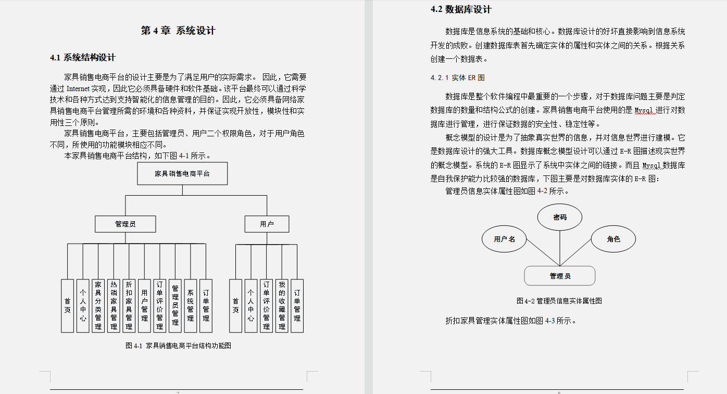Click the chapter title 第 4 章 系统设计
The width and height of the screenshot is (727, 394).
tap(178, 31)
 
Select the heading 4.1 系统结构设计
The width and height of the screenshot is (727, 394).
tap(83, 57)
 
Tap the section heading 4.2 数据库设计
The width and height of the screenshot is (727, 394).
tap(461, 9)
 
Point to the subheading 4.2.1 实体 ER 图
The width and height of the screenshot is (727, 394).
tap(457, 78)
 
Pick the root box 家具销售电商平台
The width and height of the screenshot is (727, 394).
tap(182, 173)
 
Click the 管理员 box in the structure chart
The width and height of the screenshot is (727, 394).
tap(126, 224)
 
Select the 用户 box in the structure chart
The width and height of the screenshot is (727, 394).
tap(267, 224)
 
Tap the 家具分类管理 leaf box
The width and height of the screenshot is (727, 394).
tap(98, 306)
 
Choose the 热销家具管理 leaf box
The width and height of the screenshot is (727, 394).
tap(114, 306)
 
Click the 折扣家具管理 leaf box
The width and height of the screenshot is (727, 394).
tap(129, 306)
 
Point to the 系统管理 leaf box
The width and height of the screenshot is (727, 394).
tap(191, 306)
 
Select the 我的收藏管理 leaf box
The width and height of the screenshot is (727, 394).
tap(282, 306)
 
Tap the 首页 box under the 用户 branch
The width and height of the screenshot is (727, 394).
tap(235, 306)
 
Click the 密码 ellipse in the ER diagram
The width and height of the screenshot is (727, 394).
tap(560, 217)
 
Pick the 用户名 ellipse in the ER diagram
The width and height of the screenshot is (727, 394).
tap(504, 239)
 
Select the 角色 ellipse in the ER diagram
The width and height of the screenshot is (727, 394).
tap(613, 239)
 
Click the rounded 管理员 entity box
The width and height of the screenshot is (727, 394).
tap(559, 276)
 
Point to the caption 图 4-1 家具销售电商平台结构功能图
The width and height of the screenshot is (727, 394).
tap(178, 345)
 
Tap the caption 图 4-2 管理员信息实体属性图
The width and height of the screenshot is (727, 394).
tap(559, 301)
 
